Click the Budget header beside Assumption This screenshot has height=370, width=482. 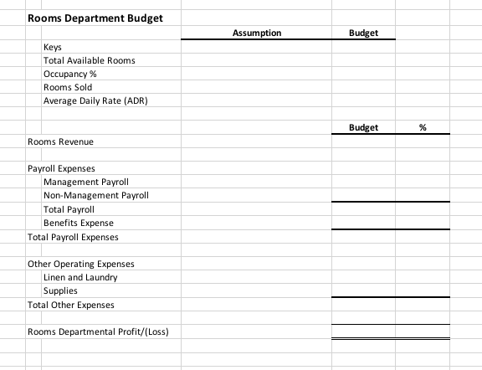click(361, 33)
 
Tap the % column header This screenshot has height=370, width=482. click(423, 128)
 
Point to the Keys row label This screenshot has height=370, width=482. click(53, 47)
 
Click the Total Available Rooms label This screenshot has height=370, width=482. click(89, 60)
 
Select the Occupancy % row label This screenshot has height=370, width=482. click(69, 74)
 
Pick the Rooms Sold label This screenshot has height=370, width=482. click(68, 87)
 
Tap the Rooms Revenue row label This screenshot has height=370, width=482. click(60, 141)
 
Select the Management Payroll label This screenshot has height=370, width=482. click(85, 182)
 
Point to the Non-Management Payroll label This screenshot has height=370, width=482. click(95, 195)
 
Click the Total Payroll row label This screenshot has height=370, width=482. click(69, 209)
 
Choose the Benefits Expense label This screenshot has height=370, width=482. click(79, 223)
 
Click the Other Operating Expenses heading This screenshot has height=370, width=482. click(80, 264)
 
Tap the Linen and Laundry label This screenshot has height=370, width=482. click(80, 277)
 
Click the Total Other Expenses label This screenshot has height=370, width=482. click(70, 305)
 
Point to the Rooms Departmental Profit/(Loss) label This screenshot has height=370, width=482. click(98, 331)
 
